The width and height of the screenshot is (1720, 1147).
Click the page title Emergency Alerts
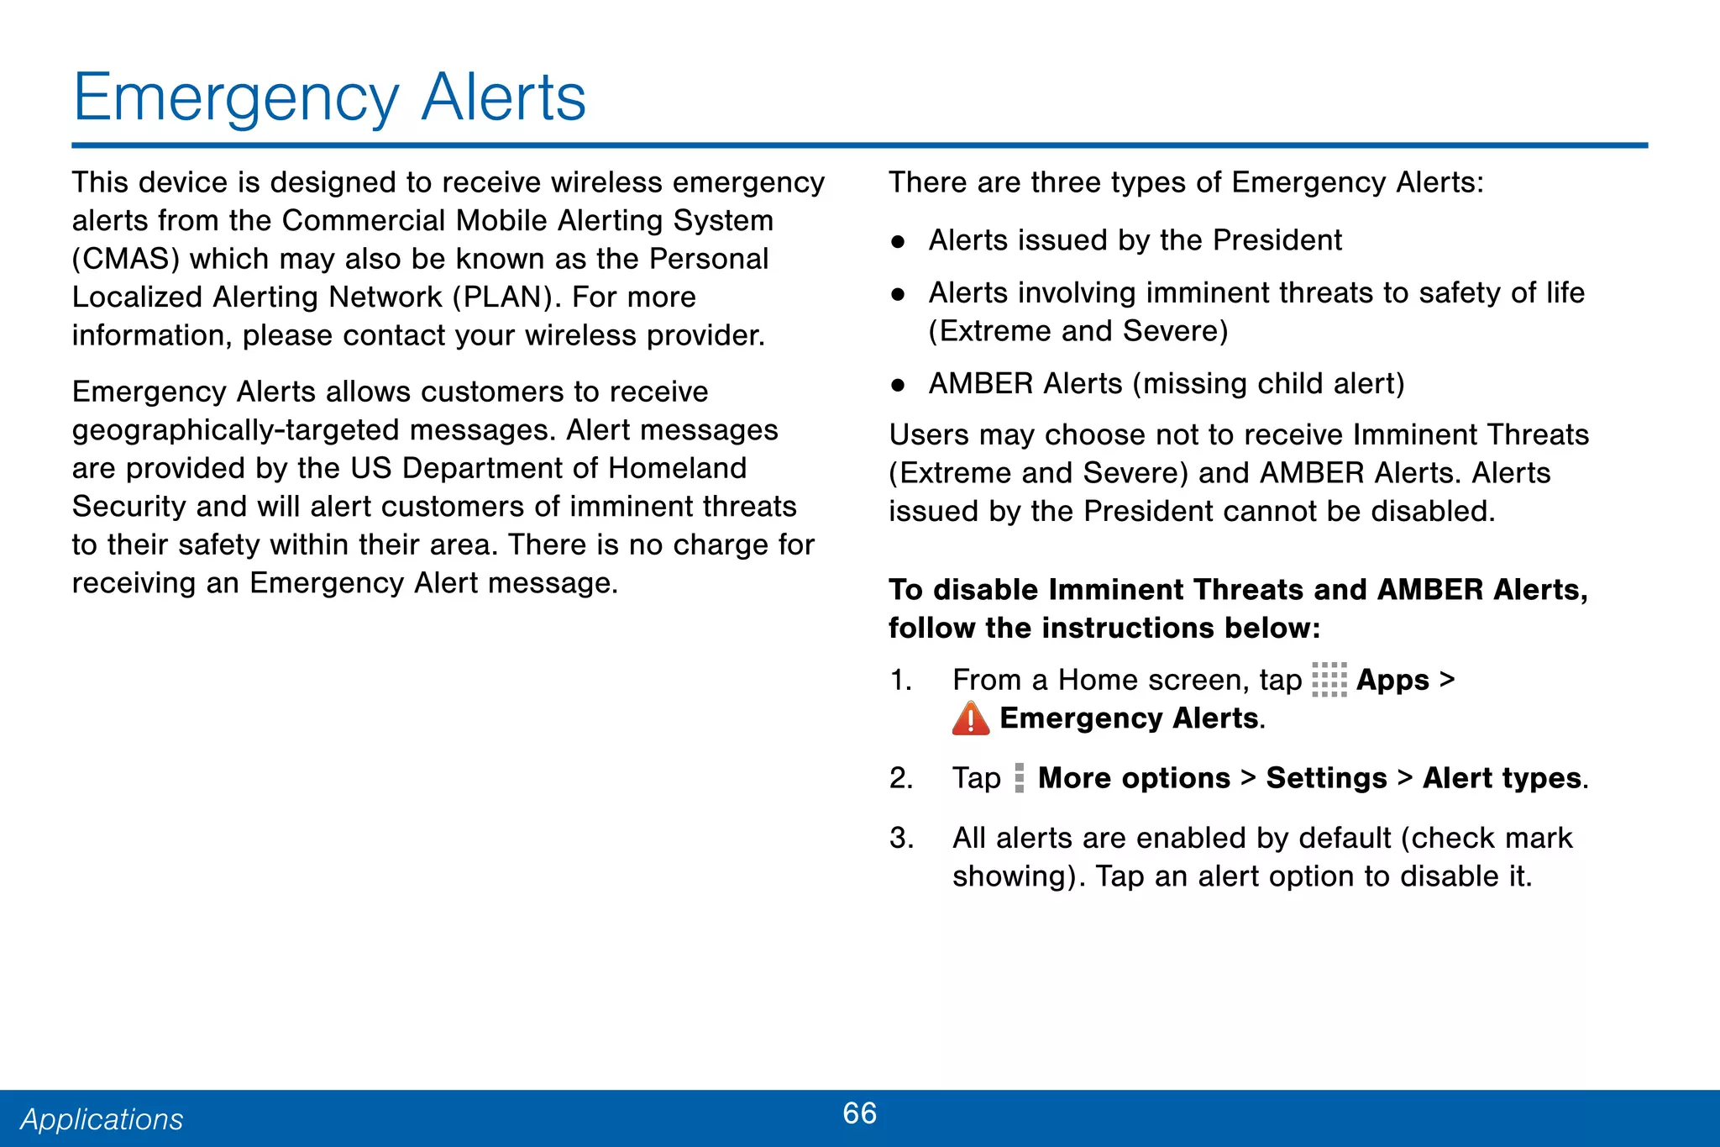(x=329, y=97)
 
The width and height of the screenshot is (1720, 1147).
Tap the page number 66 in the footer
(x=859, y=1113)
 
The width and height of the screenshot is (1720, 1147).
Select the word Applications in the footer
(x=102, y=1119)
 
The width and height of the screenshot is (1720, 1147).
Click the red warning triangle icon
(x=971, y=718)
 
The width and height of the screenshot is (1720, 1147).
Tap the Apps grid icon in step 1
(x=1329, y=680)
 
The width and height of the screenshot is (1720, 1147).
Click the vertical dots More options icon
(x=1019, y=778)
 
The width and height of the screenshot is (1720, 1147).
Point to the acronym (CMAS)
(x=126, y=259)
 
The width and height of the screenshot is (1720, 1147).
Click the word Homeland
(x=677, y=468)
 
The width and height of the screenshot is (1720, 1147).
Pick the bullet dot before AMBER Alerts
(x=898, y=385)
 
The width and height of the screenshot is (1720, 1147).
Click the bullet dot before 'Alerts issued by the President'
(x=898, y=242)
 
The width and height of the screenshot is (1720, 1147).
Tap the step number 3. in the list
(x=901, y=838)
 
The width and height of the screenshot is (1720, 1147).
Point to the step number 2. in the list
(x=901, y=778)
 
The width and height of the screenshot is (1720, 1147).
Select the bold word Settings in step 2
(x=1326, y=778)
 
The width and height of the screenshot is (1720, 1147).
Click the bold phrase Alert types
(x=1502, y=778)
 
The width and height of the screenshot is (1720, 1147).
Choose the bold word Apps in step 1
(x=1392, y=680)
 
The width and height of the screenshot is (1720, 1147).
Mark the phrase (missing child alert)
(x=1268, y=384)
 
